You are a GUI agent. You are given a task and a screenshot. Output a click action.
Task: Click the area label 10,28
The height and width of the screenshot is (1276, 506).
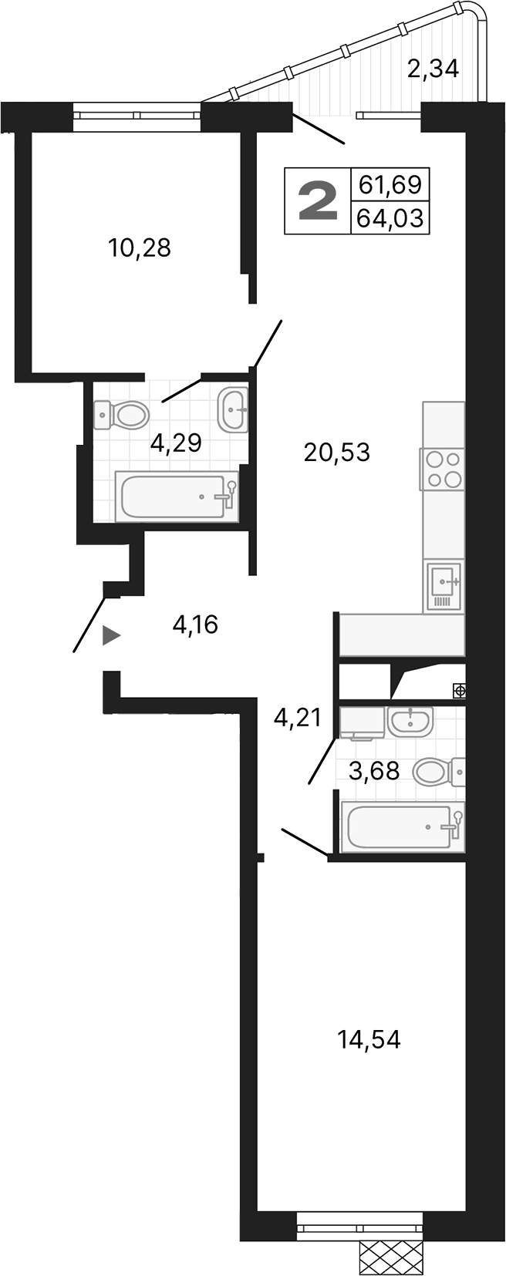click(140, 248)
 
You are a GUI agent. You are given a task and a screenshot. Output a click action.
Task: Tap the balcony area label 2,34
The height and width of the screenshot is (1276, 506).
click(433, 69)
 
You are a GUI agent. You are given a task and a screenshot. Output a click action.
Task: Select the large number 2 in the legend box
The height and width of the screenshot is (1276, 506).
click(318, 200)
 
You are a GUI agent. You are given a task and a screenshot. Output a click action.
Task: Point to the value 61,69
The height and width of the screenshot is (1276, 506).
click(390, 185)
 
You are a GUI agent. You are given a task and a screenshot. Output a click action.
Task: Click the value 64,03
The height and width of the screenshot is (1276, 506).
click(390, 218)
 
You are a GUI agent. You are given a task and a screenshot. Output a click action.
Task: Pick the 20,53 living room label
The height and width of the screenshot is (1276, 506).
click(337, 453)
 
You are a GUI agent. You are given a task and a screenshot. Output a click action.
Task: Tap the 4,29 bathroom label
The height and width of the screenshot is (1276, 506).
click(176, 443)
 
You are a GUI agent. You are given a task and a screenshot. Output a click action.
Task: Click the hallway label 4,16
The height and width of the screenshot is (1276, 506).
click(195, 625)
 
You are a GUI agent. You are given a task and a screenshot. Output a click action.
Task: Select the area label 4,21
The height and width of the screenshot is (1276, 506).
click(297, 719)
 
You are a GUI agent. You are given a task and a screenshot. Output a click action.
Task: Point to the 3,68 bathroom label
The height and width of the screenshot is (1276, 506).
click(374, 770)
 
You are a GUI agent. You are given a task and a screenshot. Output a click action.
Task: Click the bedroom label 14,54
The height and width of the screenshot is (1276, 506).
click(369, 1040)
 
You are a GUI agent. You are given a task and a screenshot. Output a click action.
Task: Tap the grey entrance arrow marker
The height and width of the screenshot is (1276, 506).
click(112, 635)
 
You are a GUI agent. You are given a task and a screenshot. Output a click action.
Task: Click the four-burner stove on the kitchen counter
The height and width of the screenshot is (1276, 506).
click(443, 469)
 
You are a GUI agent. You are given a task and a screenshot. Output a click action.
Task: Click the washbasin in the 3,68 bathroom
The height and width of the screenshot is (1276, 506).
click(410, 722)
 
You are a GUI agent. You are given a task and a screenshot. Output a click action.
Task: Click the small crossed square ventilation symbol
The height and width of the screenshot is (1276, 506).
click(459, 691)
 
